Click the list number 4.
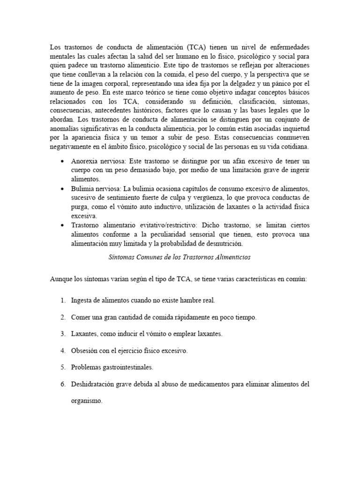(x=63, y=351)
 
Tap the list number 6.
(x=63, y=384)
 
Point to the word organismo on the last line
(x=87, y=401)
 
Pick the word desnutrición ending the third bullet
(x=222, y=244)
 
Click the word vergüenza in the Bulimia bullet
(x=190, y=198)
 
